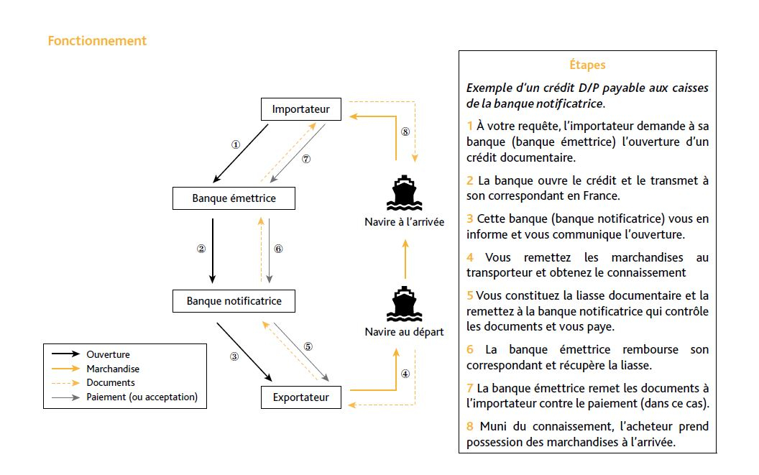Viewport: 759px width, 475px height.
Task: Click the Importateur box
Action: [300, 110]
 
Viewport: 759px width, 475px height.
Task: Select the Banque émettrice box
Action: [234, 198]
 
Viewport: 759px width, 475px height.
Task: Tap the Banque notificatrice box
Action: [234, 301]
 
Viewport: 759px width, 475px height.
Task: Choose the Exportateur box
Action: [300, 397]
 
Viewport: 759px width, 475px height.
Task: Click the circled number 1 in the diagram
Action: [235, 144]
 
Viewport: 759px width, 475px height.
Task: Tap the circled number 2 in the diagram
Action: [201, 249]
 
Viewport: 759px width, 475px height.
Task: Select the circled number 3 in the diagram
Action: [234, 356]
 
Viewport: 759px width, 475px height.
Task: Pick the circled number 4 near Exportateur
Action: [405, 374]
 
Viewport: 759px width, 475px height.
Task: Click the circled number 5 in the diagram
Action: [308, 346]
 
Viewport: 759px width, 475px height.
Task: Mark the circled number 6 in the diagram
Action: [278, 249]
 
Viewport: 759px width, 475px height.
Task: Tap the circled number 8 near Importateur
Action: [405, 132]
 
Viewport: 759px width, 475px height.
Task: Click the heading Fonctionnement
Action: [97, 41]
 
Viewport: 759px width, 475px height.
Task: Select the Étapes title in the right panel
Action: [586, 65]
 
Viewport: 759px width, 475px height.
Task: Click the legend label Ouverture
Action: [108, 354]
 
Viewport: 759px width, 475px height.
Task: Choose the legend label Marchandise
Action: [113, 369]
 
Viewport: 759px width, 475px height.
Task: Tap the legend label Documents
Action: [111, 382]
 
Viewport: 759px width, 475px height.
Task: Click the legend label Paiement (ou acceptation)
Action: [142, 397]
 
